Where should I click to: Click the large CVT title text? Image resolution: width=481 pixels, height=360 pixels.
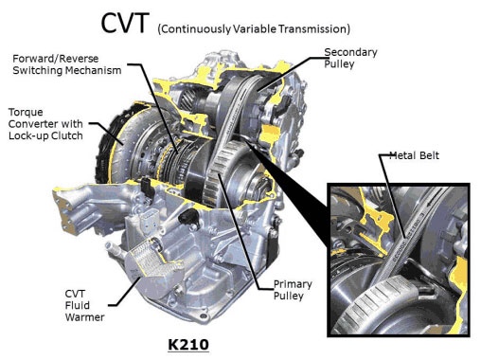point(124,23)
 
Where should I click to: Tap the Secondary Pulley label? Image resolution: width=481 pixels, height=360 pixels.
point(350,58)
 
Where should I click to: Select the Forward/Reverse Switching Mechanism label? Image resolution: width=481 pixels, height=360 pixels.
point(67,64)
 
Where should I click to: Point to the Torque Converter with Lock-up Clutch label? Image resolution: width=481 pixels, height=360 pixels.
point(45,124)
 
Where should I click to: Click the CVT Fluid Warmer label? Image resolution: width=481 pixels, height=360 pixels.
point(84,305)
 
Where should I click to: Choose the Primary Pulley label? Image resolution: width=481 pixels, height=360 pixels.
point(293,290)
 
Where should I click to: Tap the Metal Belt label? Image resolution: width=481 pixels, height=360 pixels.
point(414,155)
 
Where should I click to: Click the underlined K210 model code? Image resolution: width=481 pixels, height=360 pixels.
point(188,344)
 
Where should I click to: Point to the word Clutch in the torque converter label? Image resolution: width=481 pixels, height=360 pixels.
point(67,135)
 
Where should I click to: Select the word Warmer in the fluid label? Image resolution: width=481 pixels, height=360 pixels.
point(84,317)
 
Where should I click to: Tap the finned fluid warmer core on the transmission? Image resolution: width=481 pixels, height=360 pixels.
point(151,259)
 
